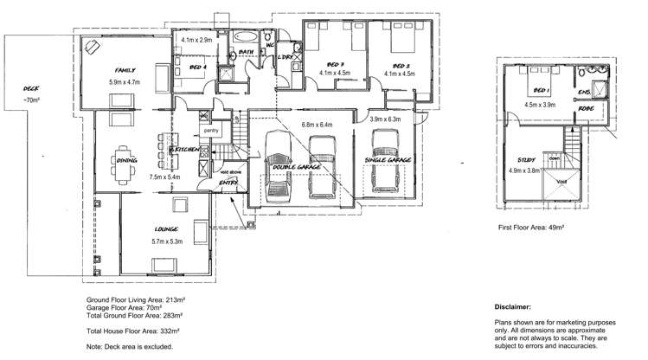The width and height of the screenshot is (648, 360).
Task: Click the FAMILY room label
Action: [127, 69]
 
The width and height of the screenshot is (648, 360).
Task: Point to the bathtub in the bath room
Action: [247, 37]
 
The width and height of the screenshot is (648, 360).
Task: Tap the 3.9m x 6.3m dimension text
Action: [385, 119]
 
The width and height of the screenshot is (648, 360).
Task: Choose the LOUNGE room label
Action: [166, 230]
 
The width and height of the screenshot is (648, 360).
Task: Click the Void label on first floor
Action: [561, 183]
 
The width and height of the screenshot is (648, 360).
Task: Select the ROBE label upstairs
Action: [587, 109]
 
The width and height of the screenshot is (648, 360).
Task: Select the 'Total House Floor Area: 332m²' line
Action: [133, 330]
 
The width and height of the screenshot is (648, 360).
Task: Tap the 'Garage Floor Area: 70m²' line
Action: [127, 307]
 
